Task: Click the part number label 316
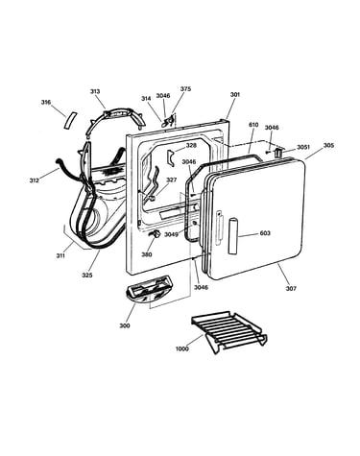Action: point(46,103)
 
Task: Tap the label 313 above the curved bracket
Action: point(95,91)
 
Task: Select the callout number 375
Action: point(185,89)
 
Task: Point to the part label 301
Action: point(235,95)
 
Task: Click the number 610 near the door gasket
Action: point(253,125)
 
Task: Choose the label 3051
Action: point(303,147)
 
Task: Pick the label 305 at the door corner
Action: point(328,145)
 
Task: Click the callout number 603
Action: point(265,233)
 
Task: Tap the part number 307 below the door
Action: point(291,288)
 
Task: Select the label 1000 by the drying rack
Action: point(182,348)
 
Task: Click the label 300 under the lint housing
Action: point(125,325)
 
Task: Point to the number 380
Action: point(147,254)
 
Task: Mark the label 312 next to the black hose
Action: point(35,180)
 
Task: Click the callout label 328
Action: point(191,145)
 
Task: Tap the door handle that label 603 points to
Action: point(233,236)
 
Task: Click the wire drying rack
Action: point(229,331)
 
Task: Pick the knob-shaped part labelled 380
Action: point(155,234)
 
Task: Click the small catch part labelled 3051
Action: point(278,152)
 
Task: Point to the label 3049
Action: point(171,234)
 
